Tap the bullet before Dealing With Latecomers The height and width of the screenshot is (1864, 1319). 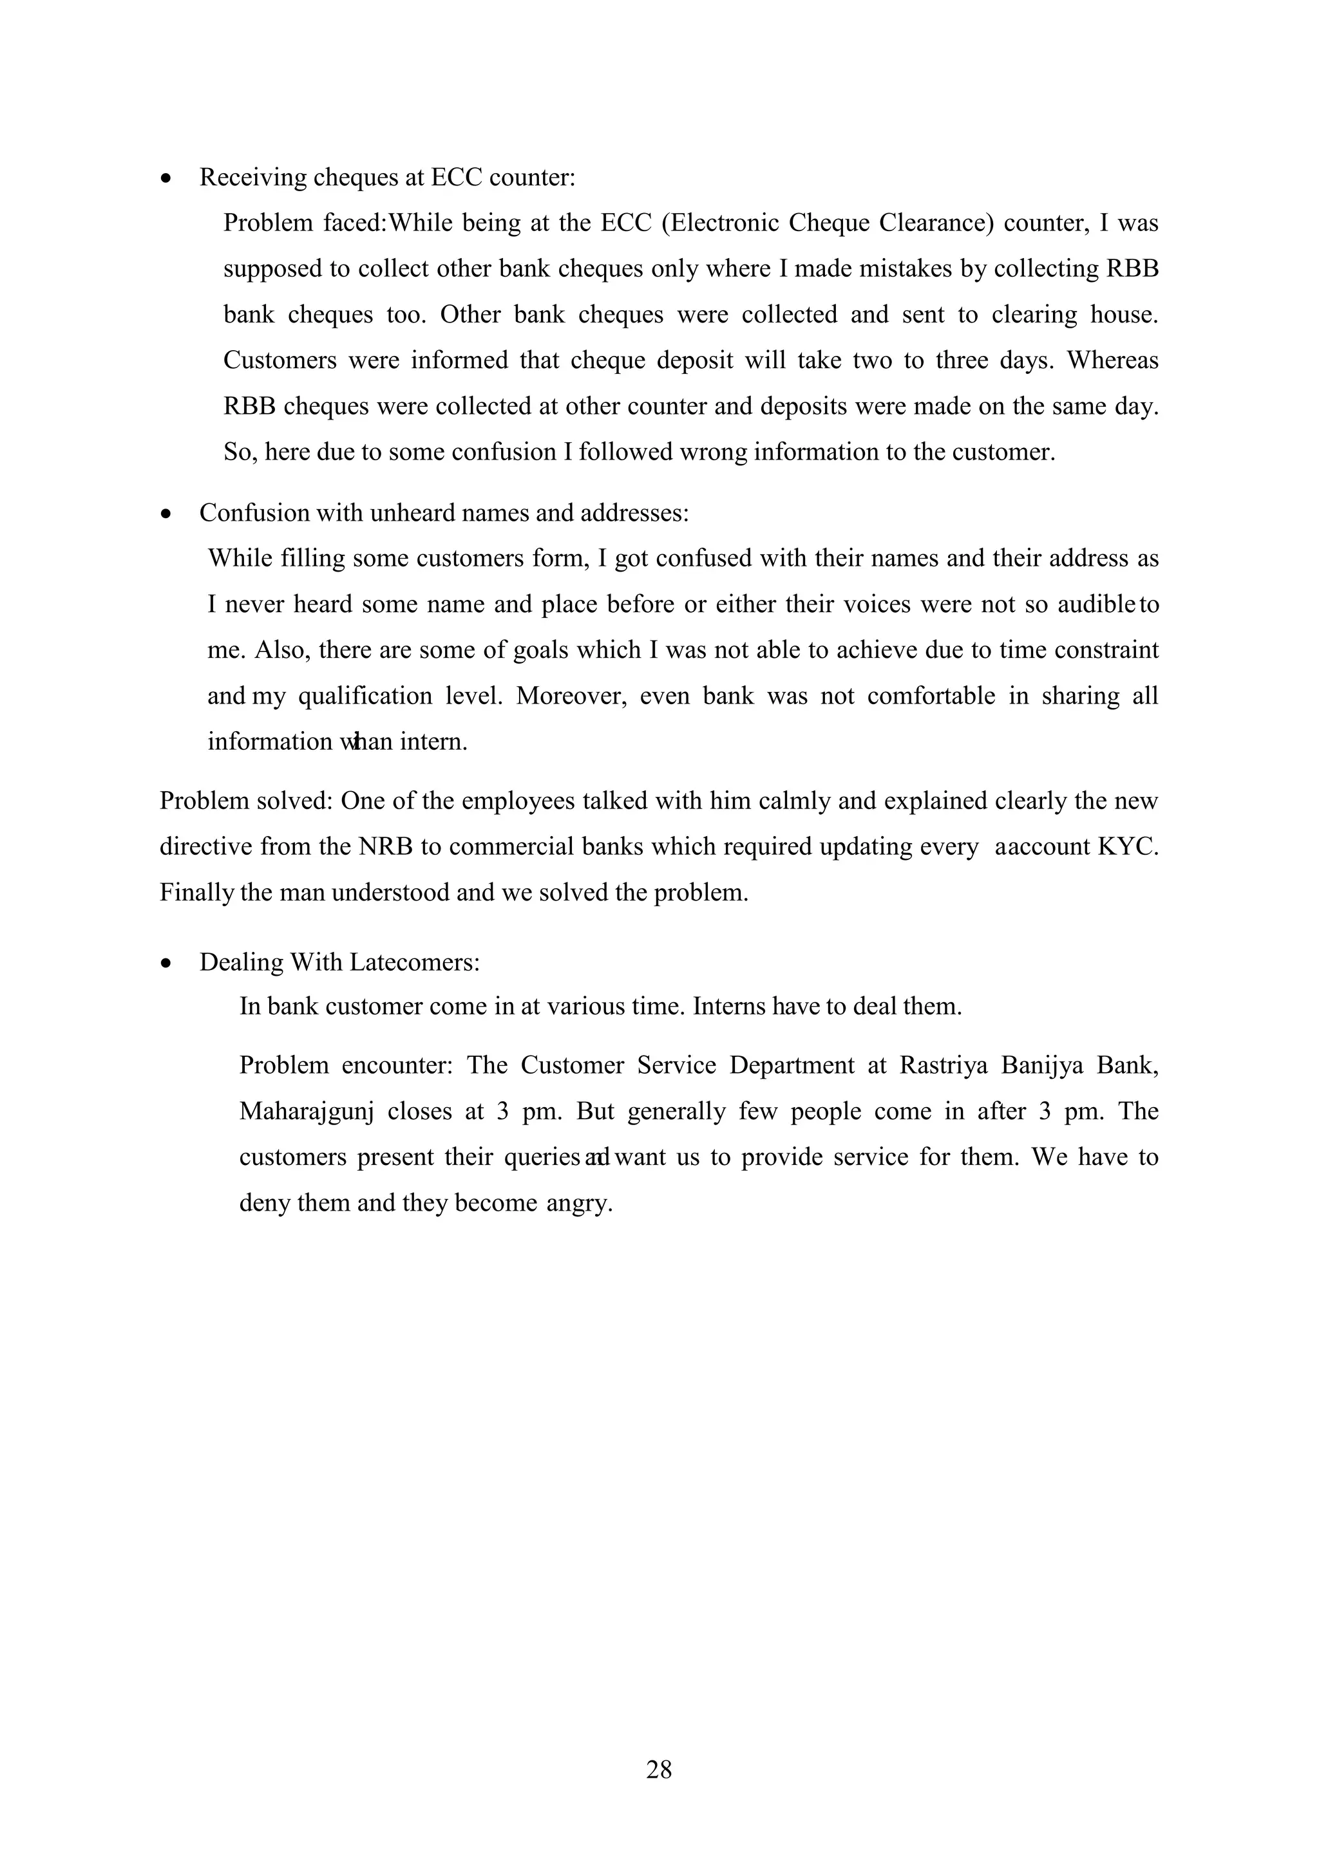click(x=167, y=964)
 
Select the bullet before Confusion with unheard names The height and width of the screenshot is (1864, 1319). click(x=167, y=515)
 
